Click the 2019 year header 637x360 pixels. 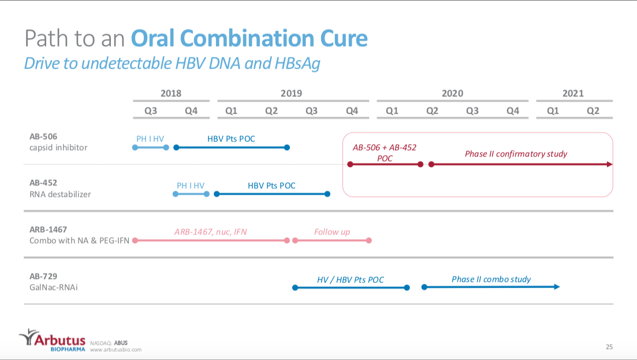coord(291,93)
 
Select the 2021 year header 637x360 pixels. coord(573,93)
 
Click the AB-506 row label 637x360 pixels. coord(44,137)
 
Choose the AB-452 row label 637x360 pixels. coord(44,183)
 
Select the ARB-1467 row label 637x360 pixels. coord(49,229)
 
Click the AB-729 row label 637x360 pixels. coord(43,276)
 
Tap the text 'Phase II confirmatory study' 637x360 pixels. coord(516,154)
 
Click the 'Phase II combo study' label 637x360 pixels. coord(491,279)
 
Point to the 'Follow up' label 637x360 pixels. coord(332,232)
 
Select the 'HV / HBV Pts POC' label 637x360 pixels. coord(351,280)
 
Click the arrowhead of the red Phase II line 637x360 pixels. coord(609,165)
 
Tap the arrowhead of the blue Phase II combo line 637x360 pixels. coord(557,287)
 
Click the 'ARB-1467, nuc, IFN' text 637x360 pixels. coord(210,232)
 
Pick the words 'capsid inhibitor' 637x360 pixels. coord(59,147)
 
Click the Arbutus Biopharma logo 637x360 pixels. coord(52,340)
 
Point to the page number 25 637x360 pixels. coord(609,347)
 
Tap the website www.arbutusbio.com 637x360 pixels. coord(116,350)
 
